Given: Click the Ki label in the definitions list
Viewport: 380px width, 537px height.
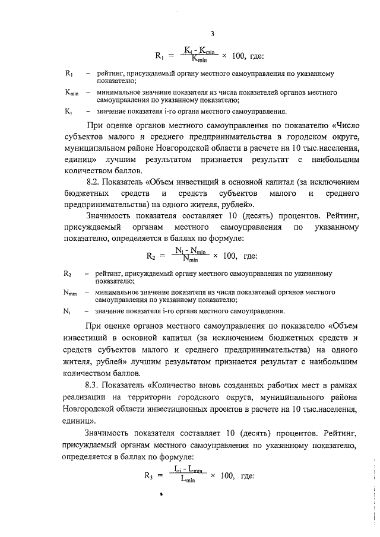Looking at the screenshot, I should coord(68,110).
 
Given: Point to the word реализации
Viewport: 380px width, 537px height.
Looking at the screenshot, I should coord(88,397).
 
